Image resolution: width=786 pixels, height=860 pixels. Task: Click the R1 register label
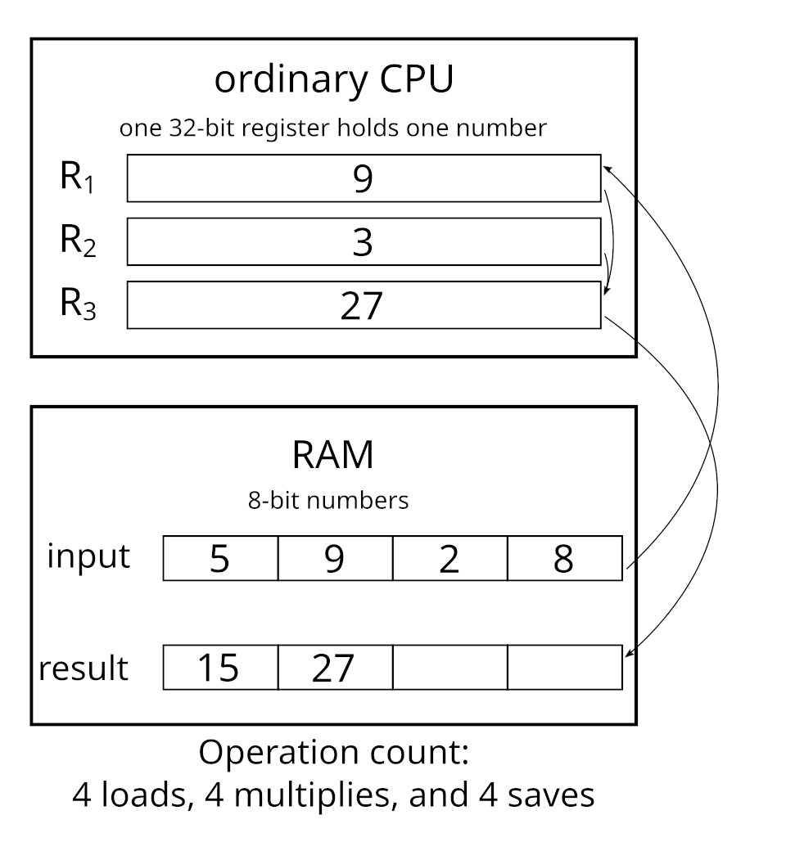(x=78, y=179)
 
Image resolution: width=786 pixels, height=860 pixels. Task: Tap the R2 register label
(x=78, y=242)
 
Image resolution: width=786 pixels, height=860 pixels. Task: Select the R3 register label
(x=78, y=305)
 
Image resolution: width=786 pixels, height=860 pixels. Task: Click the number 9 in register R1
(x=363, y=179)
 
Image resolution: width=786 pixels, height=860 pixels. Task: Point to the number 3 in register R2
(x=363, y=242)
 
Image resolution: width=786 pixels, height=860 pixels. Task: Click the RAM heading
(x=332, y=455)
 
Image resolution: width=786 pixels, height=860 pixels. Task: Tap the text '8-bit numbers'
(x=328, y=501)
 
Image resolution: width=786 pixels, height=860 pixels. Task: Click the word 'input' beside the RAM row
(x=88, y=556)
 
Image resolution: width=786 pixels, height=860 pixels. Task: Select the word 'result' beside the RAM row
(x=84, y=669)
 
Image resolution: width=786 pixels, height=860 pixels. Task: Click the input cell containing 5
(x=220, y=559)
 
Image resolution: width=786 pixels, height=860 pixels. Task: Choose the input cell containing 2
(x=449, y=559)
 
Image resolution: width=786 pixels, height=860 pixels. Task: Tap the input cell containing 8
(x=564, y=559)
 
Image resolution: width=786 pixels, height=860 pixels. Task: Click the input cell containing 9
(x=335, y=559)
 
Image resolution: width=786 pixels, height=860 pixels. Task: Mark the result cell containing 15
(x=220, y=669)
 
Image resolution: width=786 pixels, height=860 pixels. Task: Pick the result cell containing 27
(x=335, y=669)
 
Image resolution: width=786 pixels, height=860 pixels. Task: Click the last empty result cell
(x=564, y=668)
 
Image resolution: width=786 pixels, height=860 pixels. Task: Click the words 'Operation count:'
(x=333, y=754)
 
